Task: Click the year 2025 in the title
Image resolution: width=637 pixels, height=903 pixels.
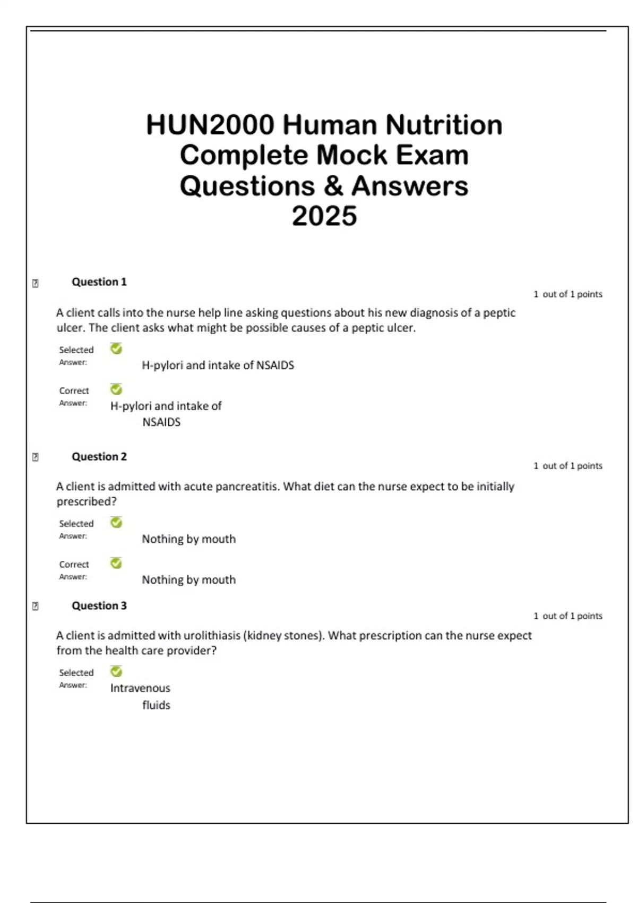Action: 324,216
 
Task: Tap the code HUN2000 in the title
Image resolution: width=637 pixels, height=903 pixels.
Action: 210,125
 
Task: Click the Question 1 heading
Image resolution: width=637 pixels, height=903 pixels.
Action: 99,282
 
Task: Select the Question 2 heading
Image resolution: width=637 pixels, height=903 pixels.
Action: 99,457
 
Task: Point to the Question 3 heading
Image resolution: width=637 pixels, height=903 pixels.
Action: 99,606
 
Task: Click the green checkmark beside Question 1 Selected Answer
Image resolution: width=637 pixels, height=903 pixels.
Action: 116,349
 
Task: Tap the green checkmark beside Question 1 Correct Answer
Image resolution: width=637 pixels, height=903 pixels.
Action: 116,390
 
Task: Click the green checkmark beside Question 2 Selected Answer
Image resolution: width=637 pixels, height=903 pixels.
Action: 116,523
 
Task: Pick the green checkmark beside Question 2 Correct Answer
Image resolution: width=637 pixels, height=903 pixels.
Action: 116,563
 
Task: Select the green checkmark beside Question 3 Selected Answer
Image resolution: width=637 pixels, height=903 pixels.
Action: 116,672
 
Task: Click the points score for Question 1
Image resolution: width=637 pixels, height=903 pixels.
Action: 567,294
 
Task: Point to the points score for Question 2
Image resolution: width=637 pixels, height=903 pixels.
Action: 567,466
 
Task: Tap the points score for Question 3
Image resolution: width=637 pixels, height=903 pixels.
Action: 567,616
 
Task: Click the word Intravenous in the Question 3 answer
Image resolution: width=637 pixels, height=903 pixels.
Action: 140,688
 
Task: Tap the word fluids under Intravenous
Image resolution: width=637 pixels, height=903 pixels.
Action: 156,705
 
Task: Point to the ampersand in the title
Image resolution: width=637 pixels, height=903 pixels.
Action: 333,186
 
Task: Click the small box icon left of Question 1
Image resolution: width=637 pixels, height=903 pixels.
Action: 36,284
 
